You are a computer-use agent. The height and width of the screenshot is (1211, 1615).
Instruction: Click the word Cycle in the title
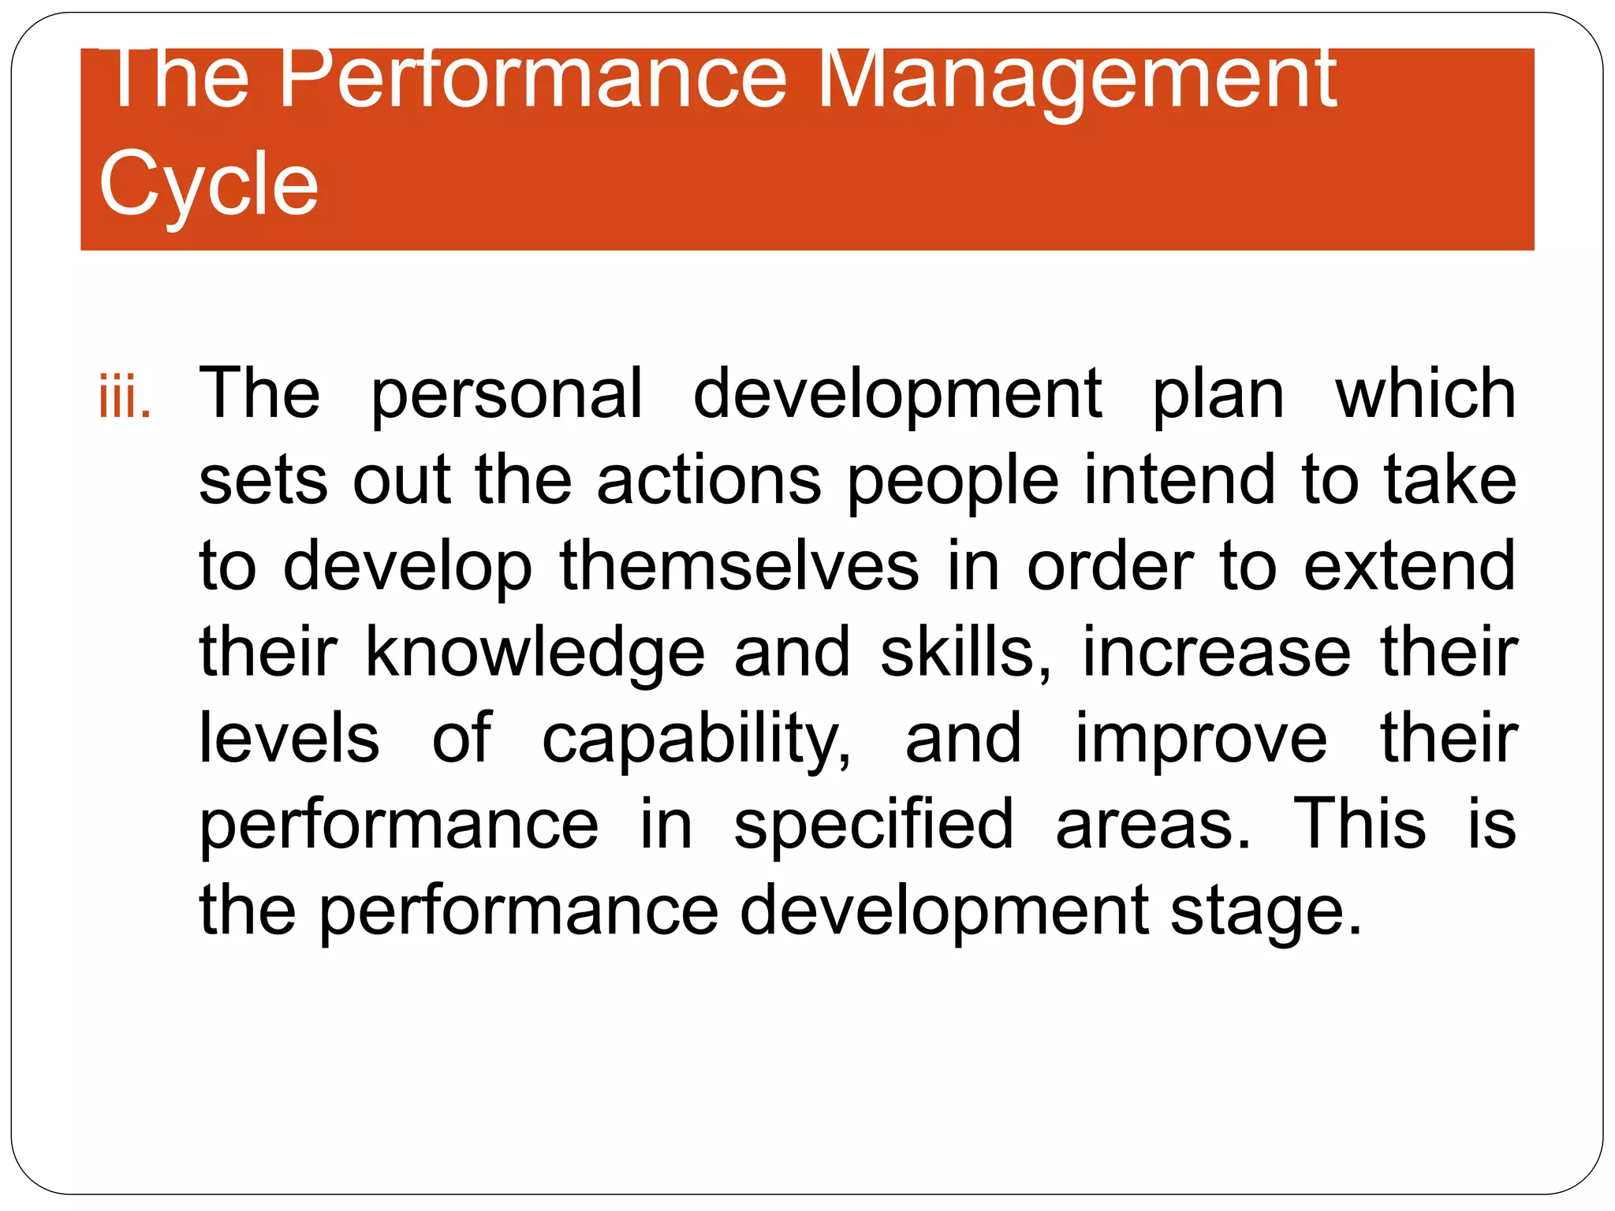click(x=209, y=184)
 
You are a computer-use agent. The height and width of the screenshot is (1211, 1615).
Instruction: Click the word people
click(x=953, y=483)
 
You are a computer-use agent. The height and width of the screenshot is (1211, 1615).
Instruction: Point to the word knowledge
click(x=535, y=654)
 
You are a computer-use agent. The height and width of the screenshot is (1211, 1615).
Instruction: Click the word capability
click(x=697, y=741)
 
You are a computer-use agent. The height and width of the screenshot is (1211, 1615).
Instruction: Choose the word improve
click(x=1201, y=740)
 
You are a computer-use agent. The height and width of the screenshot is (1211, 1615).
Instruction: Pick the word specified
click(x=873, y=825)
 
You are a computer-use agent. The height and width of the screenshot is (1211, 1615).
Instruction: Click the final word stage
click(x=1266, y=913)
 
